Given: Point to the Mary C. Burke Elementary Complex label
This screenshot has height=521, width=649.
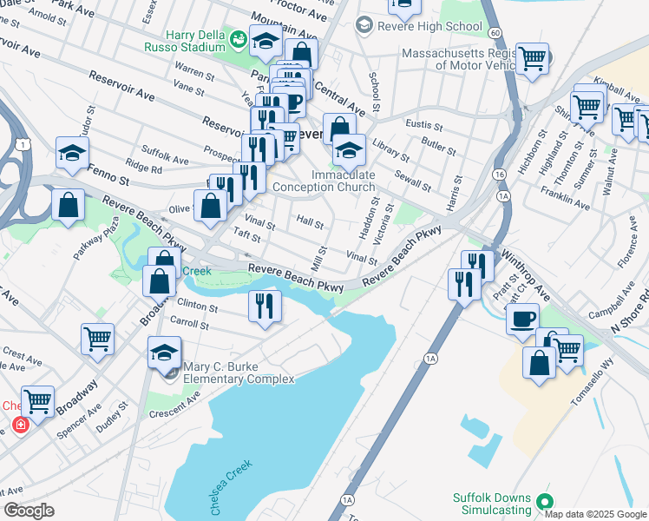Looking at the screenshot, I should click(239, 373).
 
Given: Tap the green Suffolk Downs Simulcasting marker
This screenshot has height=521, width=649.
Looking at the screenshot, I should click(544, 501).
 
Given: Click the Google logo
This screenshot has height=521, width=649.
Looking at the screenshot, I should click(28, 511).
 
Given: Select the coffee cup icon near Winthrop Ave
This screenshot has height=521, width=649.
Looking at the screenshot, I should click(523, 319).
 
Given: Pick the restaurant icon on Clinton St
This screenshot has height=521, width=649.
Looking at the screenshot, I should click(265, 306).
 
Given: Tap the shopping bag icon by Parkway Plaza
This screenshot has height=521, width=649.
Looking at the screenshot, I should click(68, 206).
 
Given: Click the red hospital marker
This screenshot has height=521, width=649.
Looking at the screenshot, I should click(19, 425).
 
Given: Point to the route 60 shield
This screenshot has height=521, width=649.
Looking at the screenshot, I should click(495, 32).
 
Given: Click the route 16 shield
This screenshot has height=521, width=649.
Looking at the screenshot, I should click(499, 175).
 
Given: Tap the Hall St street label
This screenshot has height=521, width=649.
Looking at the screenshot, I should click(310, 222).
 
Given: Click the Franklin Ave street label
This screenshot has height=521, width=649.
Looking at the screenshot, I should click(564, 199).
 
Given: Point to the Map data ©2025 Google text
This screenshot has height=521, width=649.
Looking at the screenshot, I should click(596, 514).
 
